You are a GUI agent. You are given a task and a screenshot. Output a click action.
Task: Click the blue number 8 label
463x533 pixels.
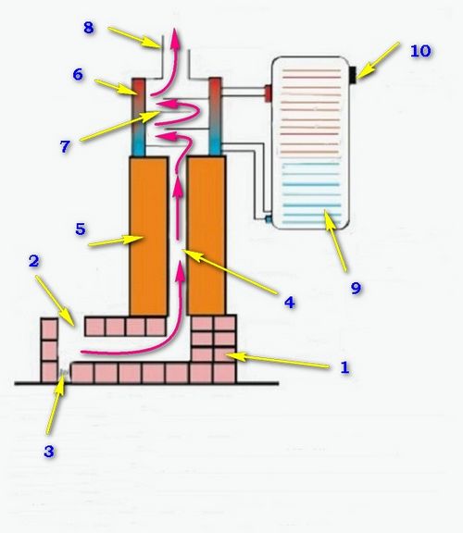(89, 28)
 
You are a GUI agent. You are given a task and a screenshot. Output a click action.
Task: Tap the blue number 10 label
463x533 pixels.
(420, 51)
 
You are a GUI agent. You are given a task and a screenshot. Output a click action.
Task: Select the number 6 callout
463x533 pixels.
(78, 74)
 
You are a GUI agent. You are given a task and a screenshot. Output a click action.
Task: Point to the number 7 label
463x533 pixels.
(65, 146)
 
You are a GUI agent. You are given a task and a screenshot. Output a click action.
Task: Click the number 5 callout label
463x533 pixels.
(81, 229)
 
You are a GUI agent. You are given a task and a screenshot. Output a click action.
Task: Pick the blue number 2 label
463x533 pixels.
(34, 261)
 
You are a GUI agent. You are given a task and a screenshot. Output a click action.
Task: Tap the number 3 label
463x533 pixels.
(49, 452)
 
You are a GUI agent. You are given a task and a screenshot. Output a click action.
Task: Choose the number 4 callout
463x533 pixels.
(290, 303)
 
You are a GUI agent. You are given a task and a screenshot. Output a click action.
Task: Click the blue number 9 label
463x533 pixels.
(356, 289)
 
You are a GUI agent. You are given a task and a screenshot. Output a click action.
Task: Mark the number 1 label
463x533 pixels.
(345, 367)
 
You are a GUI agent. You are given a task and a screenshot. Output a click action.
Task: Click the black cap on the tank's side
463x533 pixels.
(353, 74)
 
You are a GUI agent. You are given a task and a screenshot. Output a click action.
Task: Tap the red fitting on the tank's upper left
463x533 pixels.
(269, 93)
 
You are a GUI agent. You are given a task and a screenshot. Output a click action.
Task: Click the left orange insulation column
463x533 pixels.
(148, 236)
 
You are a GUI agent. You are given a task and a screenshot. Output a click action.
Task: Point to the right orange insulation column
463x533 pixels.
(206, 236)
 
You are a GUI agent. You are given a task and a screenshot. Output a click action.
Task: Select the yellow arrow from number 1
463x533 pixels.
(278, 360)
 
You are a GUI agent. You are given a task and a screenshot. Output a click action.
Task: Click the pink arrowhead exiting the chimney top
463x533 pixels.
(176, 36)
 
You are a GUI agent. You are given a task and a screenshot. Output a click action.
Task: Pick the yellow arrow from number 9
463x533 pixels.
(335, 241)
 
